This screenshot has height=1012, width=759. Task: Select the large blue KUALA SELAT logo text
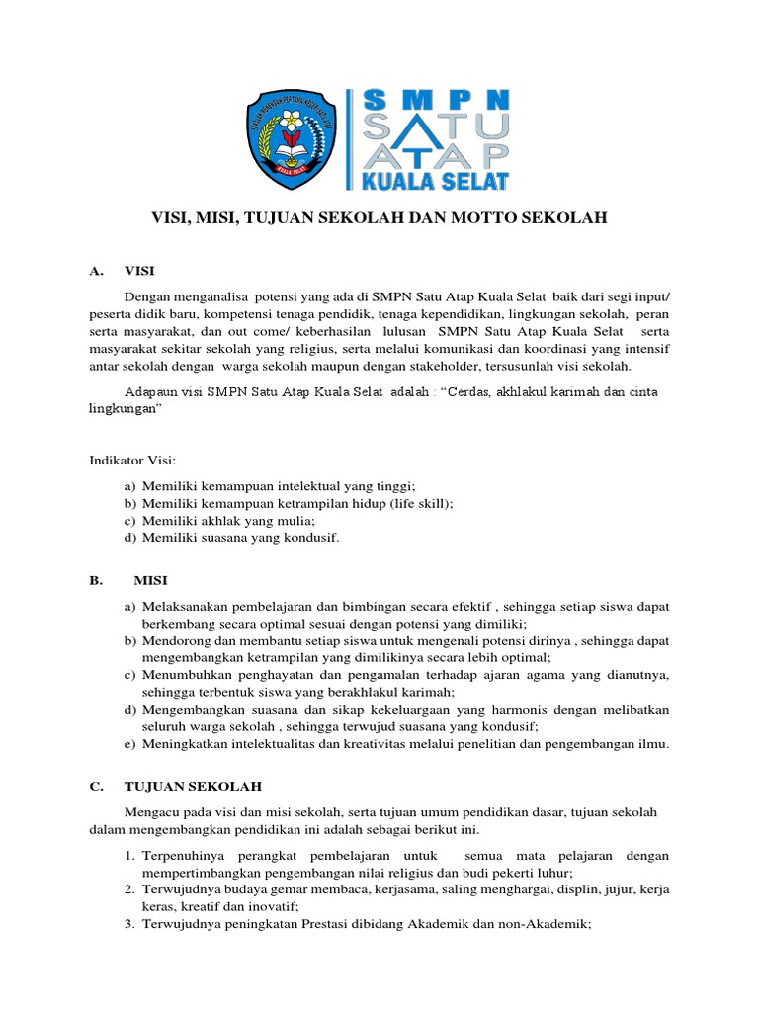(x=436, y=180)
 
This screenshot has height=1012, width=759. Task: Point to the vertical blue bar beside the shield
(x=348, y=138)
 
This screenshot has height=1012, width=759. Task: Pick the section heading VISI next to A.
(x=139, y=271)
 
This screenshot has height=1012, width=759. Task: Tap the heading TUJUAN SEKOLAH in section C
(x=193, y=787)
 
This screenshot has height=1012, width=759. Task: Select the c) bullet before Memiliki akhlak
(x=129, y=520)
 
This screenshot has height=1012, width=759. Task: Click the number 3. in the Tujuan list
(x=129, y=924)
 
